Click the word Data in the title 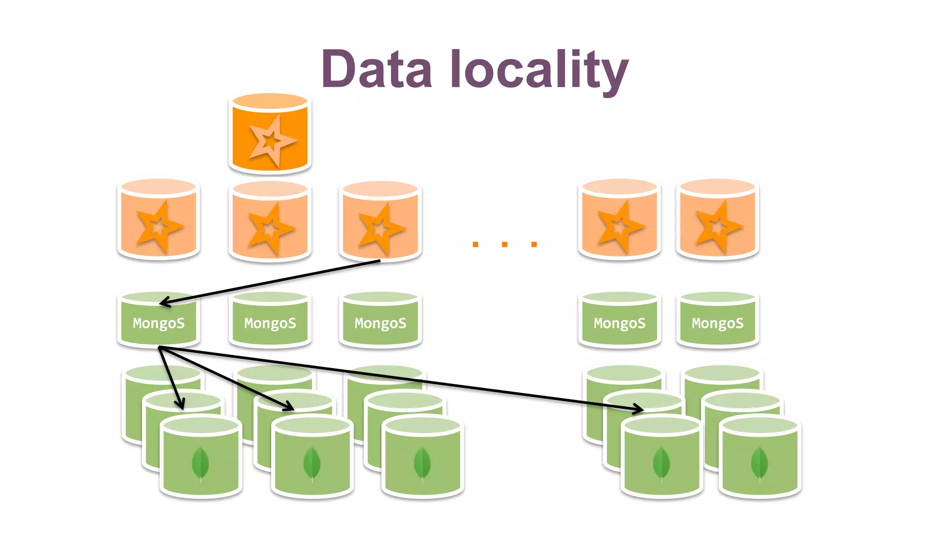pyautogui.click(x=377, y=70)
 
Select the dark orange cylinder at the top pyautogui.click(x=270, y=134)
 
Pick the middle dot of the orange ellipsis pyautogui.click(x=505, y=244)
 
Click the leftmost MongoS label pyautogui.click(x=158, y=323)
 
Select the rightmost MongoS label pyautogui.click(x=717, y=323)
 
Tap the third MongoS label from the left pyautogui.click(x=380, y=323)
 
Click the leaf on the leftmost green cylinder pyautogui.click(x=200, y=463)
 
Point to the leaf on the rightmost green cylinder pyautogui.click(x=759, y=463)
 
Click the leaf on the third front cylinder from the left pyautogui.click(x=422, y=463)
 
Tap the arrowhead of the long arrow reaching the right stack pyautogui.click(x=639, y=409)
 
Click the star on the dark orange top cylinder pyautogui.click(x=270, y=140)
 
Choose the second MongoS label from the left pyautogui.click(x=270, y=323)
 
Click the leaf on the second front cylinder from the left pyautogui.click(x=312, y=463)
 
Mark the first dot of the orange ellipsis pyautogui.click(x=475, y=244)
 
